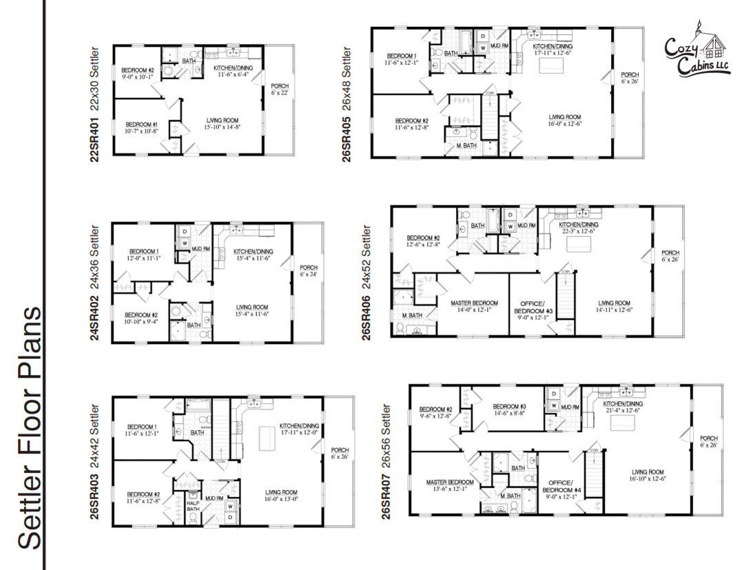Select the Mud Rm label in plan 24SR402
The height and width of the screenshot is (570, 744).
tap(201, 247)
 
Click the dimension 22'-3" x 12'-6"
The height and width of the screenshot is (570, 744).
tap(578, 232)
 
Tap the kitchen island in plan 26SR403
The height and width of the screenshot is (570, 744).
tap(268, 438)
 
